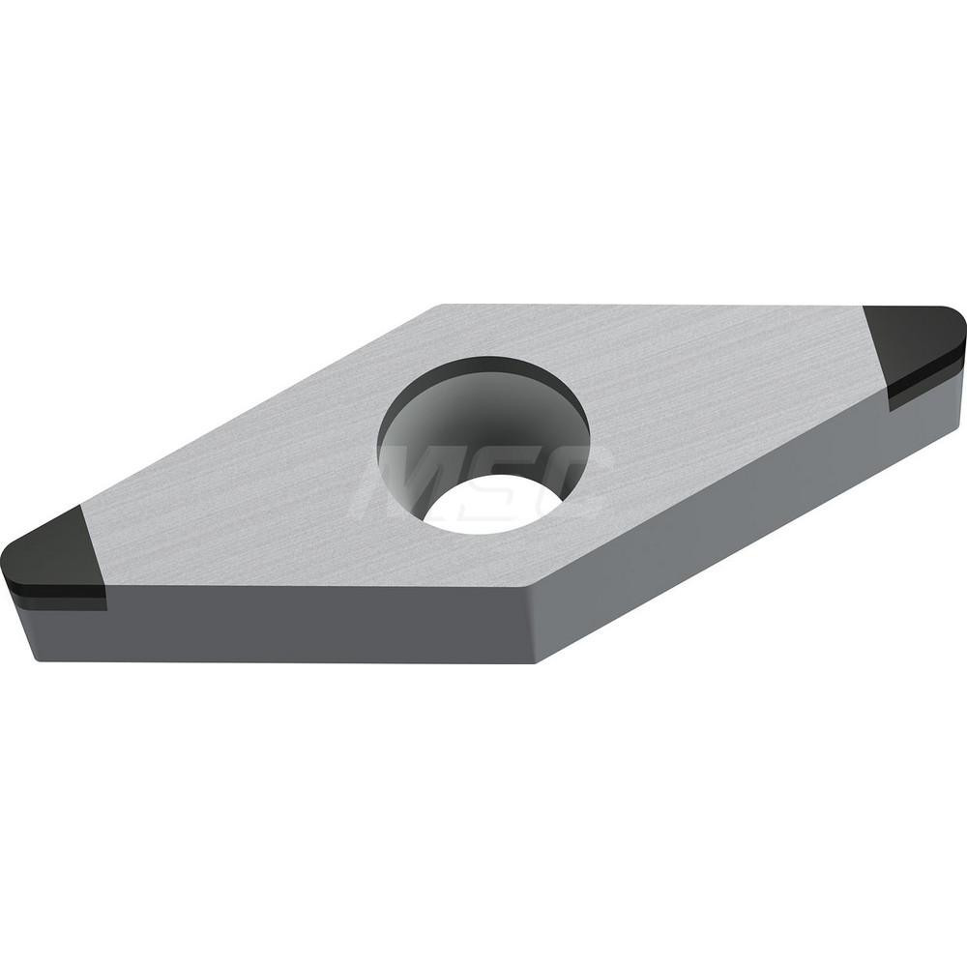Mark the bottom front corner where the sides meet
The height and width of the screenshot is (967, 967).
[x=535, y=662]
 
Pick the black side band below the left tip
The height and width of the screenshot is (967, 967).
[x=58, y=598]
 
